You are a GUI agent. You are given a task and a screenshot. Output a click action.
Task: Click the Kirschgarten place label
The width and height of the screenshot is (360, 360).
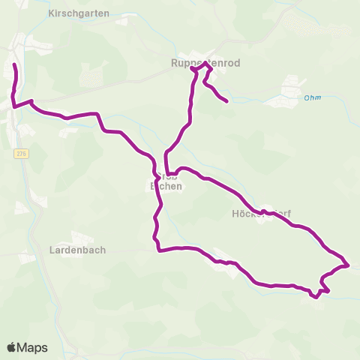click(x=78, y=13)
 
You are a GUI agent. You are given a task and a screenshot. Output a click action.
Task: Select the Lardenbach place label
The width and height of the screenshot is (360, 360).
click(x=77, y=250)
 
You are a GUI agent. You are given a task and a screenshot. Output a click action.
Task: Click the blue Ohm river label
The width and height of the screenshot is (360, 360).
click(x=313, y=97)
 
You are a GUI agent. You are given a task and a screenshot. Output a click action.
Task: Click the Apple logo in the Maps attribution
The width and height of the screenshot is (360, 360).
click(x=12, y=347)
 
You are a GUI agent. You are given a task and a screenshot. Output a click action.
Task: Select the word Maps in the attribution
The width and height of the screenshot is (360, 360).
click(x=33, y=347)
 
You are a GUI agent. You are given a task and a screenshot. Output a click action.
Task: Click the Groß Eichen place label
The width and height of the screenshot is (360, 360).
click(x=166, y=181)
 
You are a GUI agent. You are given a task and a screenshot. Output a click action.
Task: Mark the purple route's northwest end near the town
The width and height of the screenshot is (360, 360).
click(x=14, y=66)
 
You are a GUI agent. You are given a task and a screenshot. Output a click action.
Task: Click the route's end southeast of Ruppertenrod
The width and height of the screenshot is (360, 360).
click(x=226, y=100)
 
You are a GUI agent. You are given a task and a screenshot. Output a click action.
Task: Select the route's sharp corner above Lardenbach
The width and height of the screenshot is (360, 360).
click(x=159, y=250)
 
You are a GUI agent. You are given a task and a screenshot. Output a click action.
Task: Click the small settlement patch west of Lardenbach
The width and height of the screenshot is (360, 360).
click(x=25, y=257)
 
